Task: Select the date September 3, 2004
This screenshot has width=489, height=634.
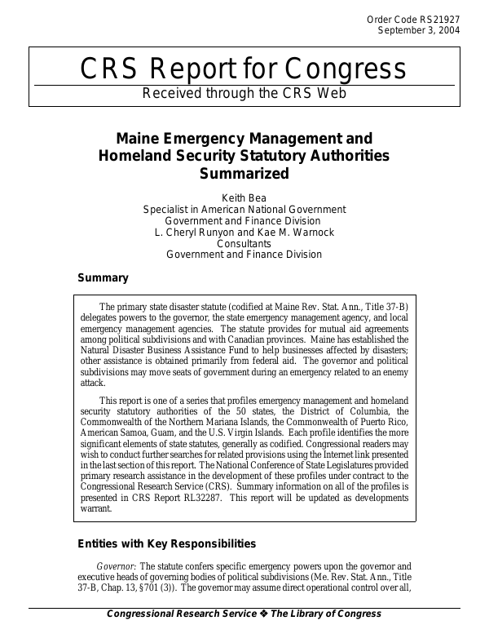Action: pos(419,30)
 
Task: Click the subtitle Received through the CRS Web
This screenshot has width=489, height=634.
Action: pos(244,93)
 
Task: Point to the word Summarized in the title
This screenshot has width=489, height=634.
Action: pos(244,173)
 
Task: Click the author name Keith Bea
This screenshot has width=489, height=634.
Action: pos(244,197)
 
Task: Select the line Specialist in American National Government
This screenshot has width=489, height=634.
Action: pos(244,209)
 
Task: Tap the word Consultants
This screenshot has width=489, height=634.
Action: pos(244,243)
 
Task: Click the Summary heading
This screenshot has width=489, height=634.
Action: pos(103,277)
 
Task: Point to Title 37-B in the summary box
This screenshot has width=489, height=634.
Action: pos(380,306)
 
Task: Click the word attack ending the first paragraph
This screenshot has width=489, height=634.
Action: pos(92,382)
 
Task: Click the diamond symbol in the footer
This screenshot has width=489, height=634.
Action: pos(265,614)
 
